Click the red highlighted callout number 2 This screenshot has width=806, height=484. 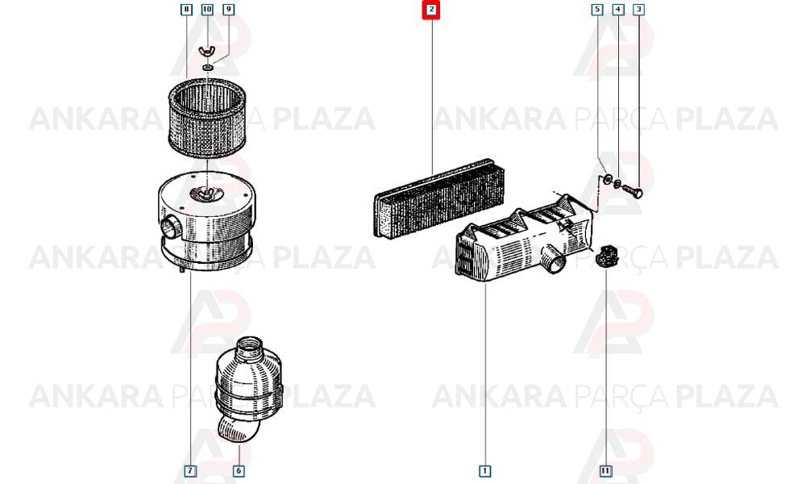coord(431,9)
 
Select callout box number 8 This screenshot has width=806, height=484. coord(186,9)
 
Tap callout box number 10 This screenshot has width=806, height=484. coord(207,9)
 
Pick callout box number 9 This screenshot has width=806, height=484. coord(229,9)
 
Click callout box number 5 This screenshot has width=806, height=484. coord(596,9)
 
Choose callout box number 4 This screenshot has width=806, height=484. coord(618,9)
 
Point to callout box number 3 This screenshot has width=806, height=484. coord(638,9)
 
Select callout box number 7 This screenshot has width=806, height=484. coord(190,470)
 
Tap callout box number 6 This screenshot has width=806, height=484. coord(238,470)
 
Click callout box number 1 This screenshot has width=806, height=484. coord(484,470)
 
